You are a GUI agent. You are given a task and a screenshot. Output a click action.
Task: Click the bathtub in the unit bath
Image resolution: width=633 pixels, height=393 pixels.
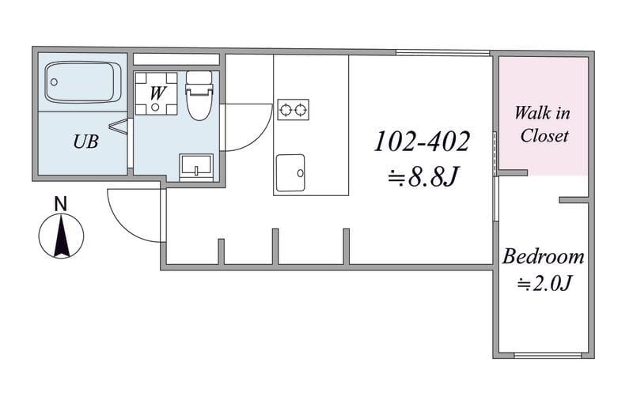[83, 82]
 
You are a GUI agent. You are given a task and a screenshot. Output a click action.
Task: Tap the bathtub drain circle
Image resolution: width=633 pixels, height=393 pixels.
[54, 82]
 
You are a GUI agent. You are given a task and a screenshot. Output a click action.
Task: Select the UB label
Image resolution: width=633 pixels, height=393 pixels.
[85, 142]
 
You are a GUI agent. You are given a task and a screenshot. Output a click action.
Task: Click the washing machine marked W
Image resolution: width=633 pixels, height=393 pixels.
[156, 93]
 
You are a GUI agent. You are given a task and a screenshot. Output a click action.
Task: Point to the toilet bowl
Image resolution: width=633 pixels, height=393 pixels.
[199, 96]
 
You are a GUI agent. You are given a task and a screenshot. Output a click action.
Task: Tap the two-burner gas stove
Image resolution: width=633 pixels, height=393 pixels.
[293, 109]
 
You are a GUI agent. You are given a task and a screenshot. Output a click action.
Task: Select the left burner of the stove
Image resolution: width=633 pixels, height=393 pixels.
[286, 109]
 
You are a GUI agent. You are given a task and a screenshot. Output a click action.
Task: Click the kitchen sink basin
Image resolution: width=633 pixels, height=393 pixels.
[290, 172]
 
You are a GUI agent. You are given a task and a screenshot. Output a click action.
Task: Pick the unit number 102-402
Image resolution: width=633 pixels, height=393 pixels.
[422, 142]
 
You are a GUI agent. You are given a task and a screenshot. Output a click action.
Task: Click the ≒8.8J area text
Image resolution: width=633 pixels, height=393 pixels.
[423, 176]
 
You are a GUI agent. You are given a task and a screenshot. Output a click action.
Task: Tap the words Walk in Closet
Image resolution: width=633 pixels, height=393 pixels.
[543, 124]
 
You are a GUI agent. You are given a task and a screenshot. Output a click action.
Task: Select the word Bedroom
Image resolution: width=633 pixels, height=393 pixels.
[544, 257]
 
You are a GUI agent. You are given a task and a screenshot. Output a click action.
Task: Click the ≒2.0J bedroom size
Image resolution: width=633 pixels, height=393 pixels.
[544, 284]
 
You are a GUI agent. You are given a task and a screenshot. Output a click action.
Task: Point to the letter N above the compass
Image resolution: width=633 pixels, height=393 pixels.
[61, 204]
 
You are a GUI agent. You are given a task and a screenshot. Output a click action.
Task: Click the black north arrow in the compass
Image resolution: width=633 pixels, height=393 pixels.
[62, 236]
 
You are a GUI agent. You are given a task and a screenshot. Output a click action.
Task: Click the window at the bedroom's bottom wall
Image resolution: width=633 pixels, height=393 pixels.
[548, 356]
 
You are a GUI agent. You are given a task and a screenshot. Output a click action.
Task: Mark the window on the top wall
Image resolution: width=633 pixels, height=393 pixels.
[442, 52]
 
